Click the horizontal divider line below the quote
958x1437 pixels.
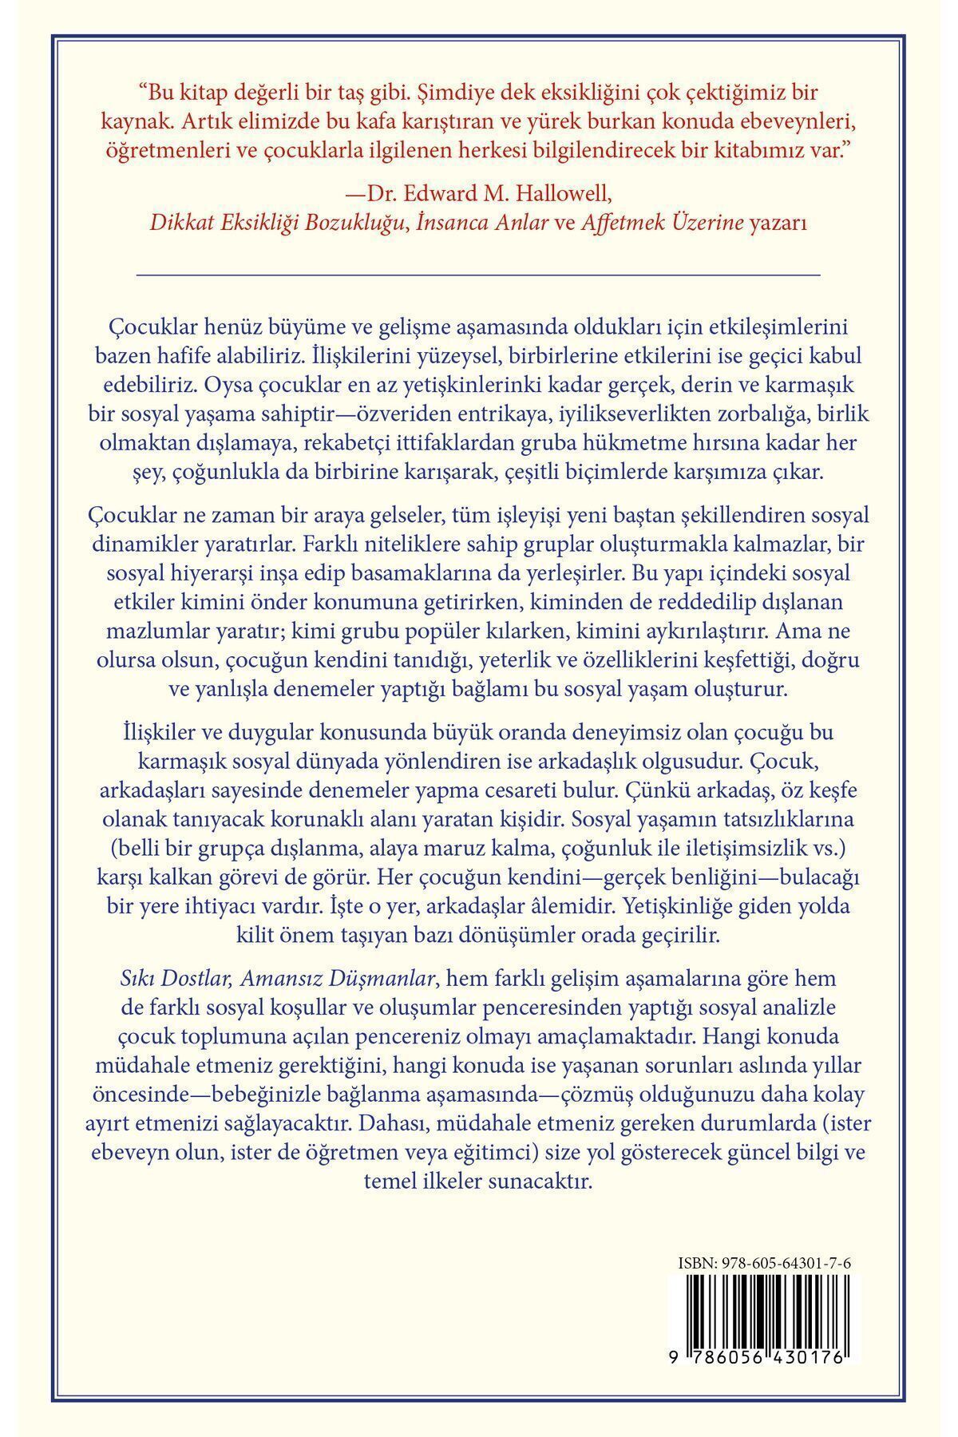pos(479,274)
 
